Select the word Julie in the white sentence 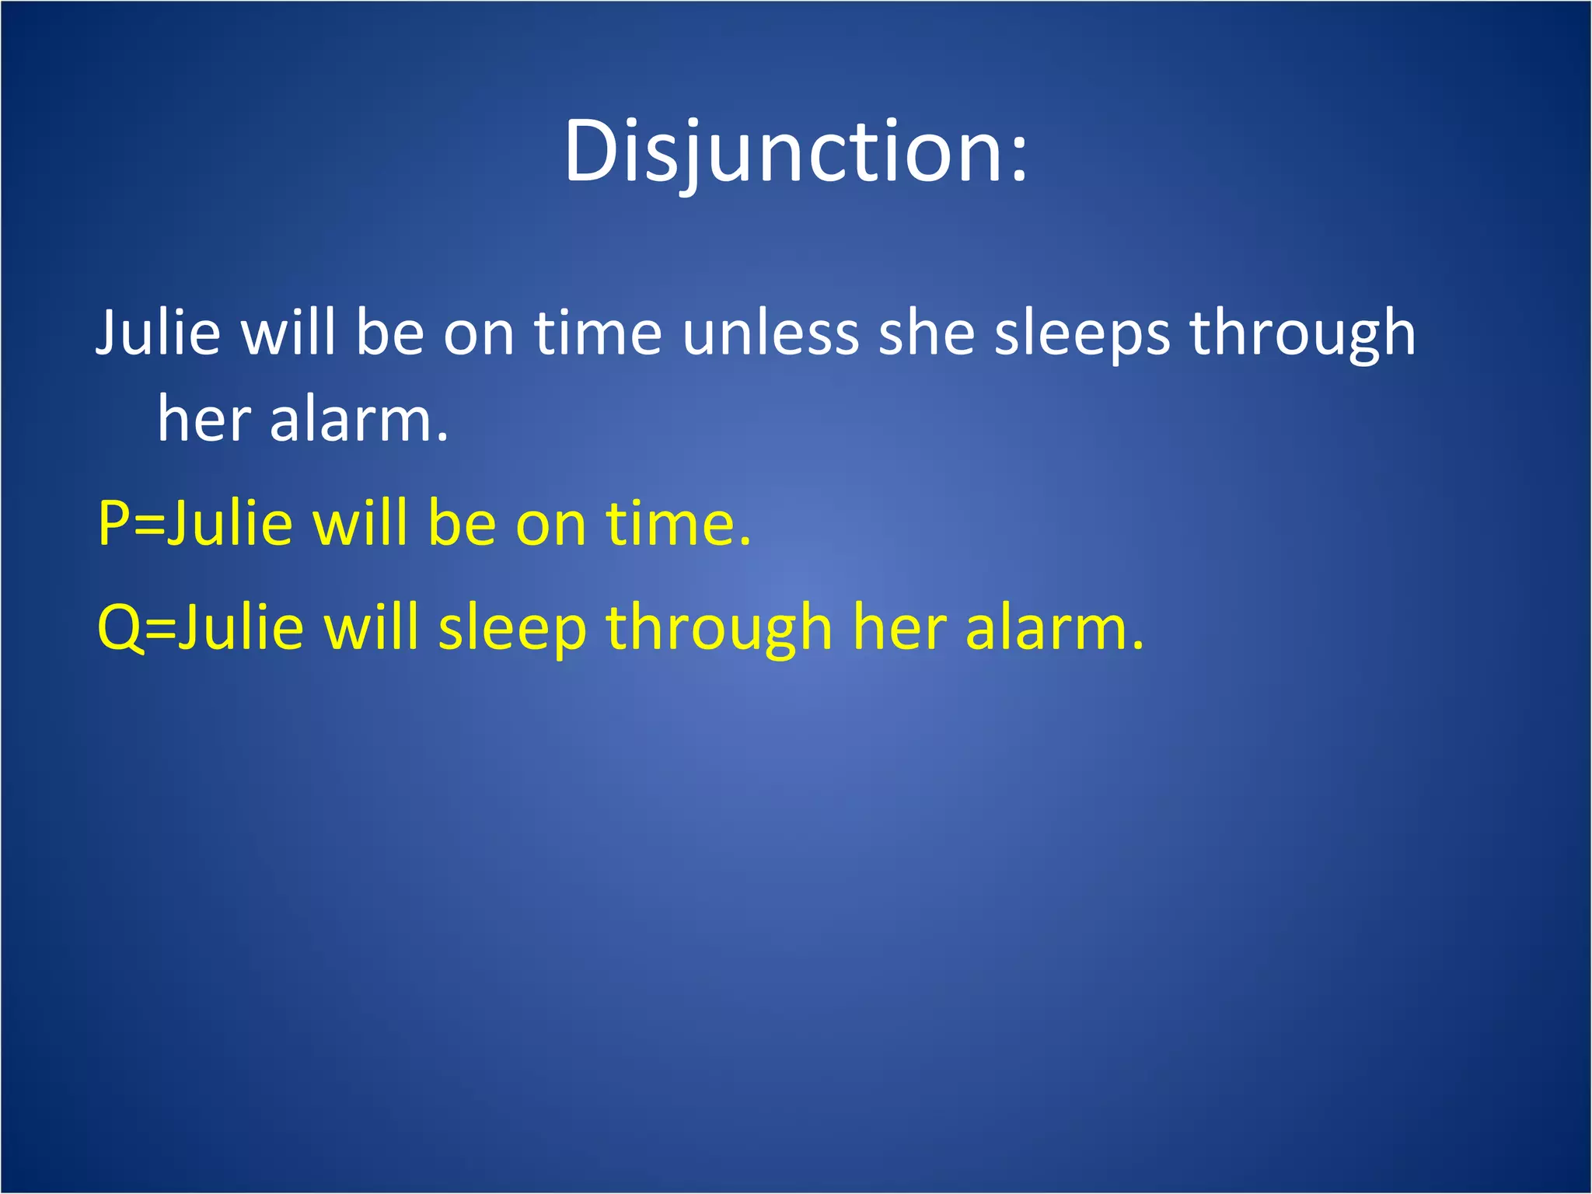159,333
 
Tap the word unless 770,333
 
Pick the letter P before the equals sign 113,523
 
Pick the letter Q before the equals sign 118,628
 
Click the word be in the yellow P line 461,523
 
